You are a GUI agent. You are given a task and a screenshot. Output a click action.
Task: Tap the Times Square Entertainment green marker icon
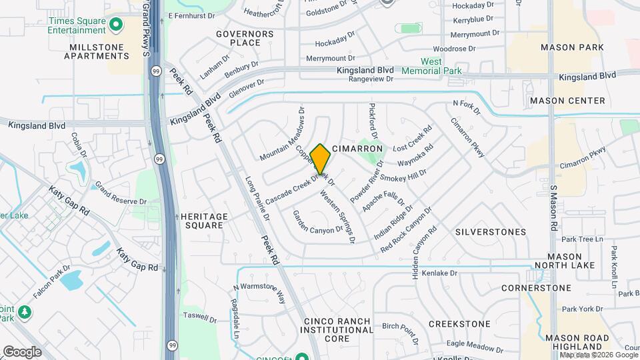(117, 25)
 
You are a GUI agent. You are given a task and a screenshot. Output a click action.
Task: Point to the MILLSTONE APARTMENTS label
(97, 51)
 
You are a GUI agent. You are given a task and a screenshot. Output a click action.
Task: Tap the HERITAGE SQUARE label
(205, 221)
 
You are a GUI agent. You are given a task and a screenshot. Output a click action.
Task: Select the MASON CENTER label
(567, 101)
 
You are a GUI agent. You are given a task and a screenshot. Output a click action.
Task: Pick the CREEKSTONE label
(459, 324)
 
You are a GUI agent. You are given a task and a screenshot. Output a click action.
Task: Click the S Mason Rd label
(553, 207)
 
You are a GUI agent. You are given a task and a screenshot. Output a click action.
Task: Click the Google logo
(22, 351)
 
